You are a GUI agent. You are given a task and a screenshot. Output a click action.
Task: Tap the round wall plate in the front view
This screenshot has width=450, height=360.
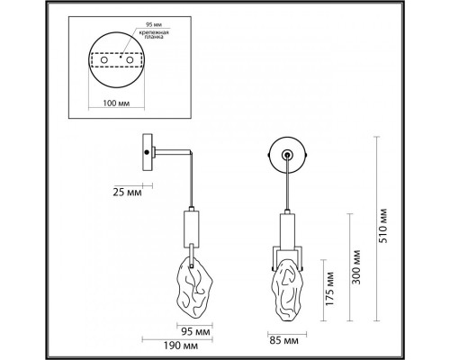(287, 157)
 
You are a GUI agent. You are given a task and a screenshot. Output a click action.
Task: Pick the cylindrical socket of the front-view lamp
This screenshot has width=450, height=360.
(287, 229)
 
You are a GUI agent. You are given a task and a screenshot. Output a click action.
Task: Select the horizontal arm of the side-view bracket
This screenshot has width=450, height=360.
(174, 150)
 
